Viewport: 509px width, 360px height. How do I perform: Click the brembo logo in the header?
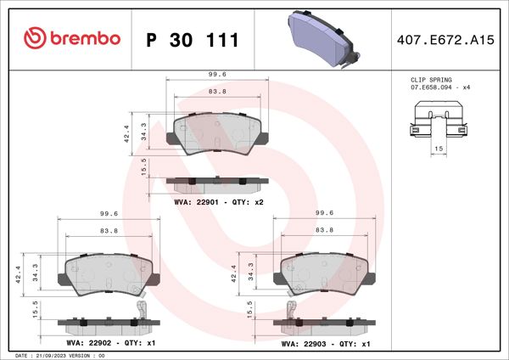pyautogui.click(x=73, y=38)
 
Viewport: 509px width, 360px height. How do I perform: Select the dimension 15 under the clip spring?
pyautogui.click(x=439, y=149)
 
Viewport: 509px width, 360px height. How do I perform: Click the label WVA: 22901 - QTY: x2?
pyautogui.click(x=219, y=202)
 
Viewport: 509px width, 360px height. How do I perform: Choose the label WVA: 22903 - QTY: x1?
pyautogui.click(x=325, y=343)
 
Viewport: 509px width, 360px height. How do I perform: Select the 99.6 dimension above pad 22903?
pyautogui.click(x=322, y=214)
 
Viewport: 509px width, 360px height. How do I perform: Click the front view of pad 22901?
pyautogui.click(x=217, y=132)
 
